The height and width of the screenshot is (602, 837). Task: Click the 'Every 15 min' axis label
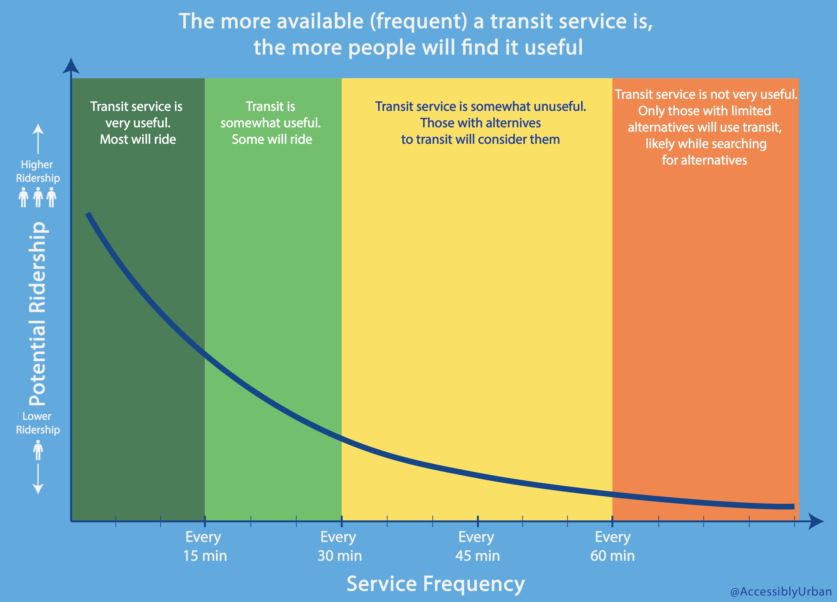[205, 546]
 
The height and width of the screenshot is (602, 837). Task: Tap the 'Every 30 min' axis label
[339, 546]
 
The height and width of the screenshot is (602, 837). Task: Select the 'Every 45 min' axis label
[477, 546]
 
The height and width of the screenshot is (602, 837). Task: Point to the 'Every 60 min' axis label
[613, 546]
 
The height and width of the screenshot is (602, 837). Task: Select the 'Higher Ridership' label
[38, 171]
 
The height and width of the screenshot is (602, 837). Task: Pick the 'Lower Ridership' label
[38, 423]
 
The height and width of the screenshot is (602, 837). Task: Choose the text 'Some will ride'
[272, 139]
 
